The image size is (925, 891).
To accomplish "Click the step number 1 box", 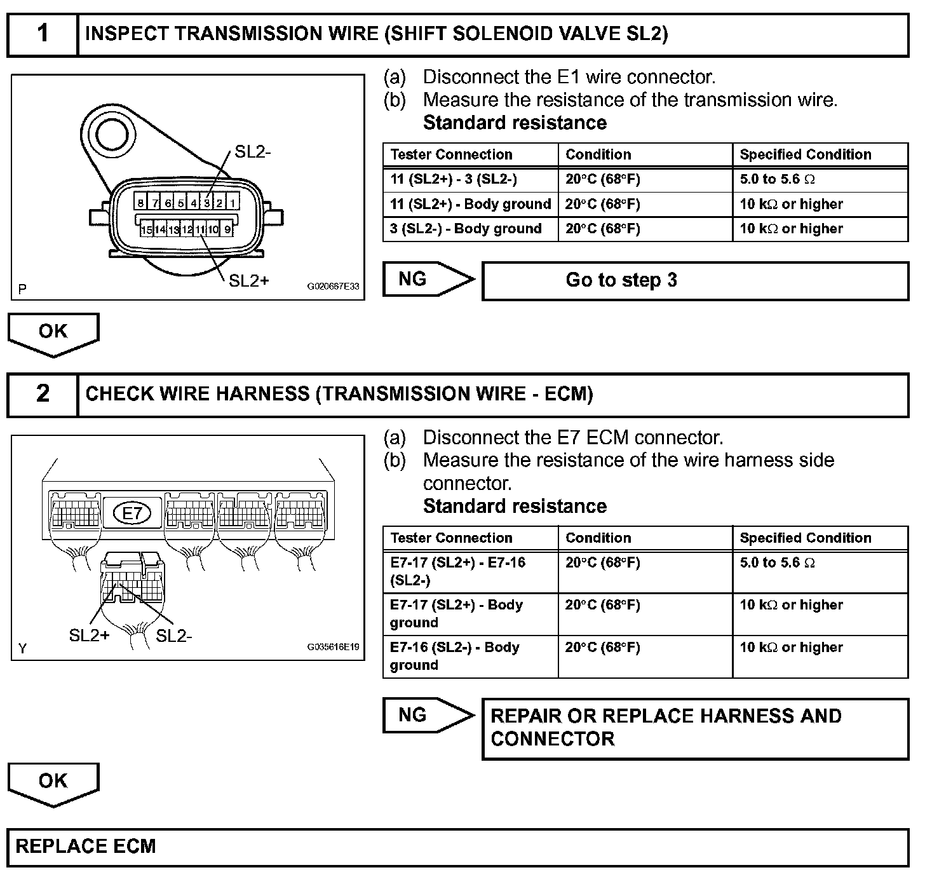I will pyautogui.click(x=43, y=34).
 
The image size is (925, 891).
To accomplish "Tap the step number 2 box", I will pyautogui.click(x=43, y=394).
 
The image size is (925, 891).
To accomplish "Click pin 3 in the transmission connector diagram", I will pyautogui.click(x=206, y=203).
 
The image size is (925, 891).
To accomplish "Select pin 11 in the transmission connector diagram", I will pyautogui.click(x=200, y=229).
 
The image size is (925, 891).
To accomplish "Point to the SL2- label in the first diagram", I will pyautogui.click(x=253, y=152).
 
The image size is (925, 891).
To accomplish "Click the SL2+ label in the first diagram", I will pyautogui.click(x=249, y=280).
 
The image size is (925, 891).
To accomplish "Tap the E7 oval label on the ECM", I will pyautogui.click(x=132, y=513).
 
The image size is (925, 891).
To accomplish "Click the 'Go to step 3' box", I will pyautogui.click(x=695, y=280).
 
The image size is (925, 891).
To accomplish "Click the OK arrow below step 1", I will pyautogui.click(x=53, y=332).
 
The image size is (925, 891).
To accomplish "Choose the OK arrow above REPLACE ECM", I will pyautogui.click(x=53, y=782).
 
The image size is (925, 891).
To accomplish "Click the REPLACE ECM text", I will pyautogui.click(x=86, y=847).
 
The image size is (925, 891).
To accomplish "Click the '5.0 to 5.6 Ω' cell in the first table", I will pyautogui.click(x=820, y=180).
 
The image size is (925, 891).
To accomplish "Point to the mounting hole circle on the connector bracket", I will pyautogui.click(x=112, y=133).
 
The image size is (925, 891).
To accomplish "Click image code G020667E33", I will pyautogui.click(x=333, y=287).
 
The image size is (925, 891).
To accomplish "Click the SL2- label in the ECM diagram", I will pyautogui.click(x=173, y=636).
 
